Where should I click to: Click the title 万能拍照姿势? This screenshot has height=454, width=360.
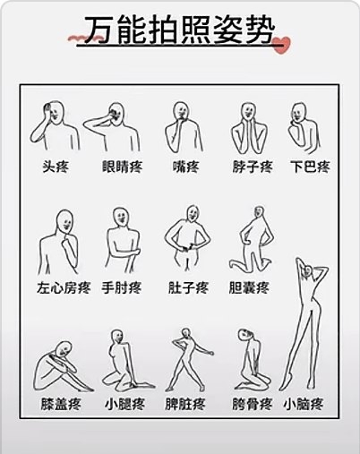[x=179, y=30]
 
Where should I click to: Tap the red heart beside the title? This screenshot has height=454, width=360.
[x=281, y=45]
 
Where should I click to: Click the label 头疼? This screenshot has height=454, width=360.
[x=56, y=167]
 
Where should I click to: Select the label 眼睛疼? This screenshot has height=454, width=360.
[x=122, y=167]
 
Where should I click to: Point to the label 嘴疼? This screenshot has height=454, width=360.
[x=185, y=167]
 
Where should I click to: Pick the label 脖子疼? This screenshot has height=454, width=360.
[x=253, y=167]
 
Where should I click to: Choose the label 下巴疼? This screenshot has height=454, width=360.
[x=311, y=167]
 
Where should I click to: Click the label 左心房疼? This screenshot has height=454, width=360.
[x=64, y=287]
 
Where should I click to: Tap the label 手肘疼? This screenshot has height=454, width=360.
[x=121, y=287]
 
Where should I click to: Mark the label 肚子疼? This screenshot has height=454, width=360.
[x=188, y=287]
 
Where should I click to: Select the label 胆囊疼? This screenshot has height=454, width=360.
[x=249, y=287]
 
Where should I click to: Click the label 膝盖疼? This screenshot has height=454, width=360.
[x=61, y=405]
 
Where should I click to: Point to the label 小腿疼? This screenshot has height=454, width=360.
[x=124, y=405]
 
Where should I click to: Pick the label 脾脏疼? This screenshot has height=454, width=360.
[x=185, y=405]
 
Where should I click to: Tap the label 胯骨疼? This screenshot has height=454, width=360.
[x=253, y=405]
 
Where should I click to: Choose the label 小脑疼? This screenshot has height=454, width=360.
[x=304, y=405]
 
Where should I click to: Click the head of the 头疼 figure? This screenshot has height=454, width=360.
[x=56, y=112]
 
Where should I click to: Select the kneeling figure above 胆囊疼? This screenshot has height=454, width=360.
[x=253, y=239]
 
